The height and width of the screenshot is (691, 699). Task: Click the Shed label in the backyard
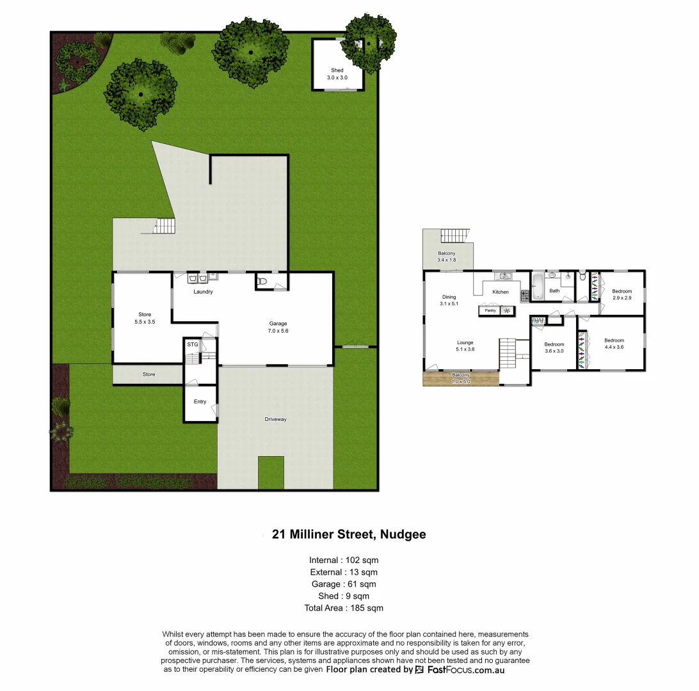click(x=337, y=74)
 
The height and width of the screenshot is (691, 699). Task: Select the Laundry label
click(x=203, y=292)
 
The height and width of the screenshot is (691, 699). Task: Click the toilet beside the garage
click(x=261, y=280)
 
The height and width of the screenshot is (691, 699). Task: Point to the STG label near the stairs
click(x=192, y=345)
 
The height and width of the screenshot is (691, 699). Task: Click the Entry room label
click(x=200, y=402)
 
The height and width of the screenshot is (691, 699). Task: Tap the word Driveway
click(x=275, y=420)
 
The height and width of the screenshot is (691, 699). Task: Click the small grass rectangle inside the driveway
click(x=271, y=472)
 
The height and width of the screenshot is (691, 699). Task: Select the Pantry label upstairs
click(x=490, y=311)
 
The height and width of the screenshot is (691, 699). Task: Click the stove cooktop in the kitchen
click(x=525, y=296)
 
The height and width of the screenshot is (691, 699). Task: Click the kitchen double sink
click(x=505, y=276)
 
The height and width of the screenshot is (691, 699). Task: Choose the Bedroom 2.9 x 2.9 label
click(x=622, y=295)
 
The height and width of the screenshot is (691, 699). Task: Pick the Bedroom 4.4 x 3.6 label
click(x=614, y=344)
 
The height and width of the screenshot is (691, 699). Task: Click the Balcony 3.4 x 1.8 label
click(x=447, y=257)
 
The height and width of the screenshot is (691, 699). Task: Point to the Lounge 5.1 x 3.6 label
click(x=465, y=346)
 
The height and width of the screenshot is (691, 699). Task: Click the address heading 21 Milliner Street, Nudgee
click(x=349, y=534)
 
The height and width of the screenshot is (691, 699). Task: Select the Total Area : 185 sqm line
click(x=343, y=608)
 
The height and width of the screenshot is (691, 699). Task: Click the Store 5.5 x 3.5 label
click(x=145, y=318)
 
